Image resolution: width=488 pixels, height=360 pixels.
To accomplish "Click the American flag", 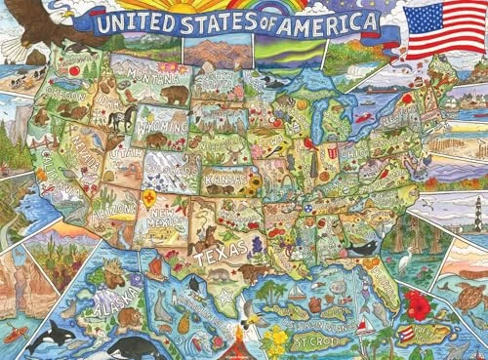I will [436, 30].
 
